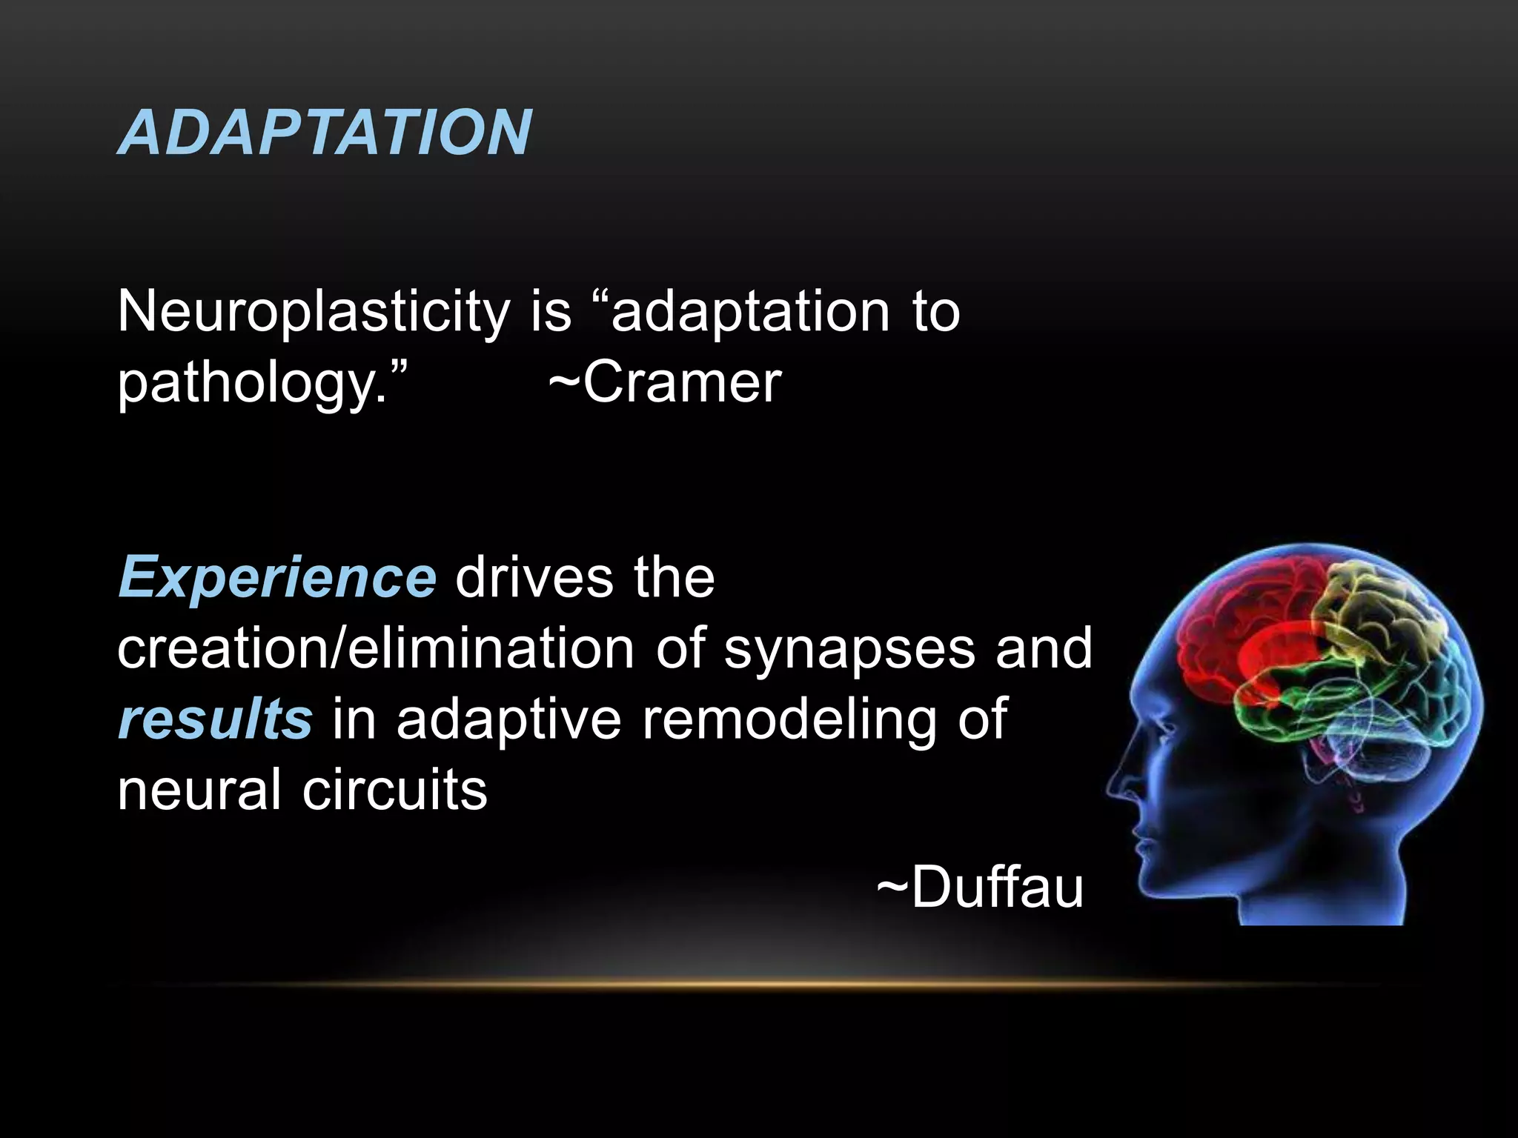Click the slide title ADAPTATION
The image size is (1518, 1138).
325,132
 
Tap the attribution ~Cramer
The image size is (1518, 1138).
665,382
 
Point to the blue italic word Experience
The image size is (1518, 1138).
277,577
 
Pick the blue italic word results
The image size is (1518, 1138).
215,719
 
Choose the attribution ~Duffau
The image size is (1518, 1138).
980,887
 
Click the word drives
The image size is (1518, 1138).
534,577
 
